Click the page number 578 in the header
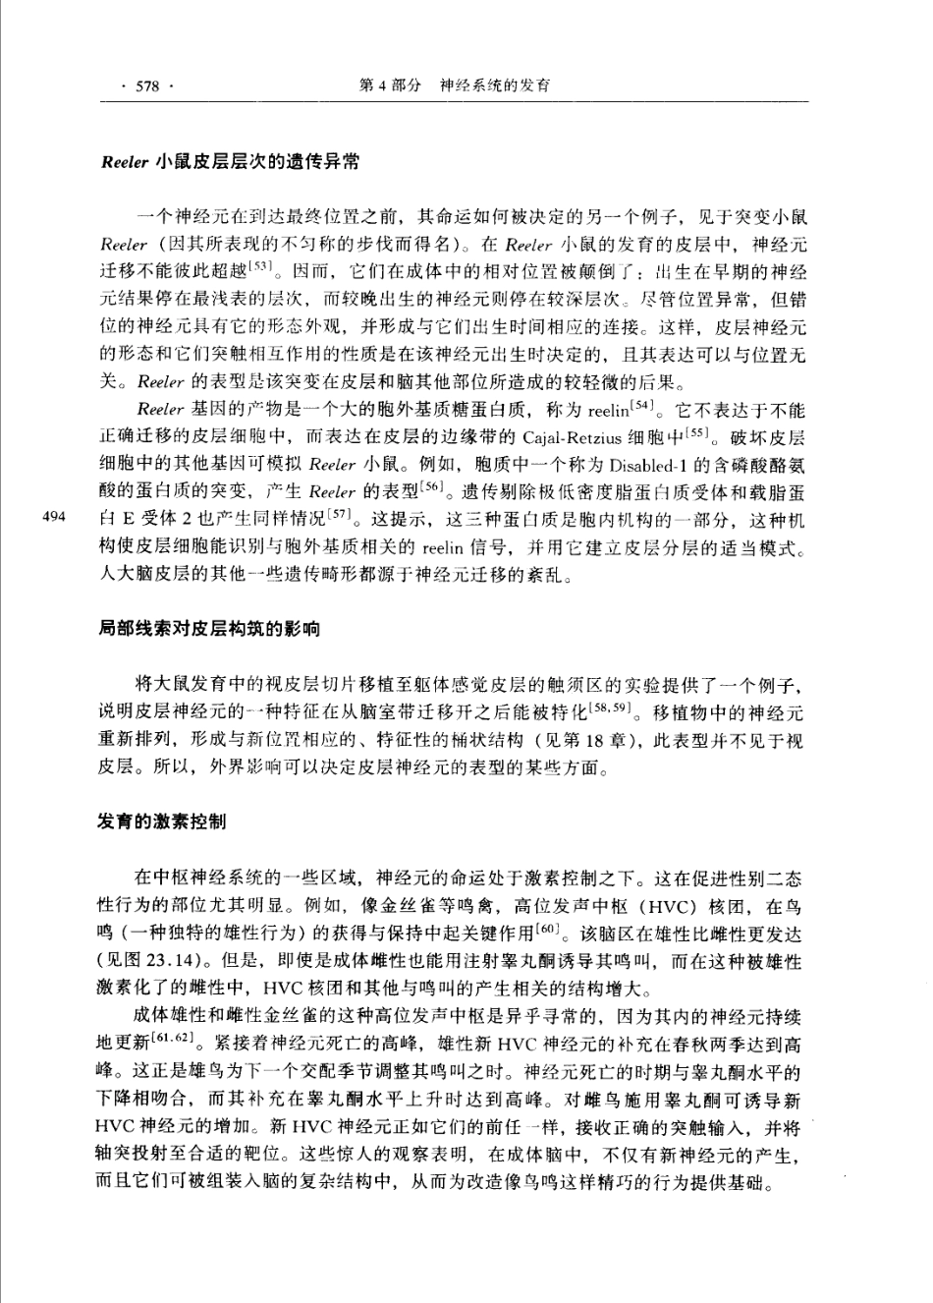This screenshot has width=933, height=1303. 147,85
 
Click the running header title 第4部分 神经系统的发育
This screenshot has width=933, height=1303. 455,85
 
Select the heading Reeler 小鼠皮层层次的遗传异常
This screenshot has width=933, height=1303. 230,162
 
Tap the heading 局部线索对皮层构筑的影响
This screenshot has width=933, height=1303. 209,627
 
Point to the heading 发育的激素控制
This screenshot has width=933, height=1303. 162,820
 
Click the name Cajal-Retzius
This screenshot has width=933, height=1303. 572,436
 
